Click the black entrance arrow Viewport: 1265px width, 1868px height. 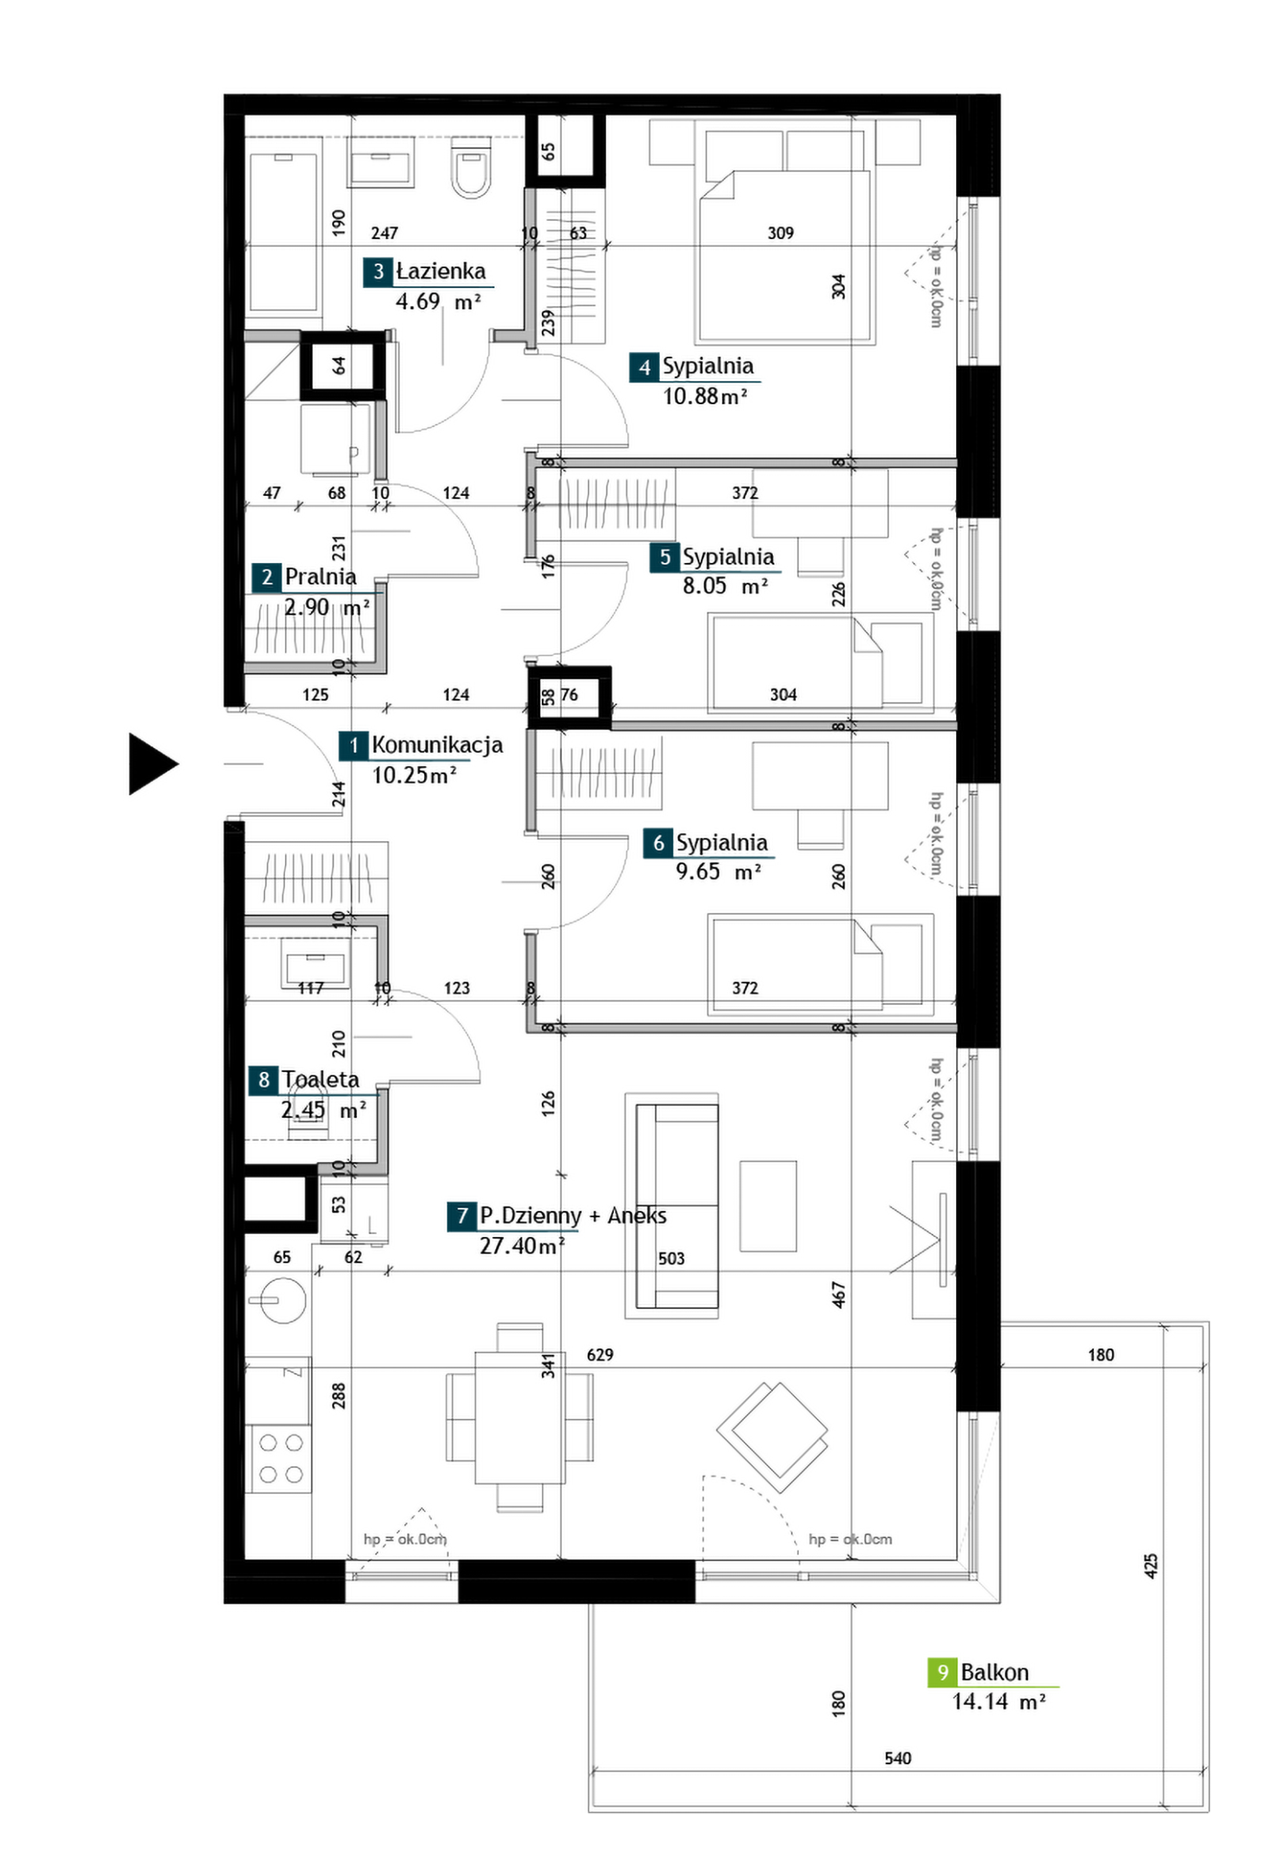150,763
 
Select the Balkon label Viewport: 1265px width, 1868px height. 994,1672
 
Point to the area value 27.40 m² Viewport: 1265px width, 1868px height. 522,1246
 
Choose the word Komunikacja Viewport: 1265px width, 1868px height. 437,745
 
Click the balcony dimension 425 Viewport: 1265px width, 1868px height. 1150,1566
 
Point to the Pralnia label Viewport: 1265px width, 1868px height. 320,576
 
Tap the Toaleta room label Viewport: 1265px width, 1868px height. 320,1079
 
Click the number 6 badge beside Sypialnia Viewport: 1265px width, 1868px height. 658,842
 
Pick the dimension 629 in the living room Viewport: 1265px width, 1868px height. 600,1355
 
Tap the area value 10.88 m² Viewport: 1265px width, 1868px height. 705,396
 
